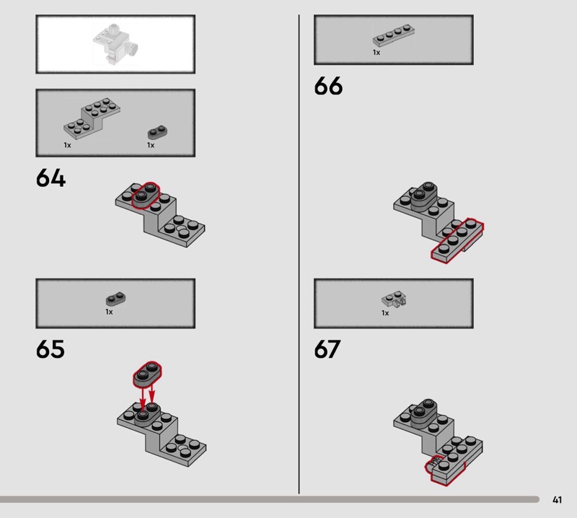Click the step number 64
coord(50,178)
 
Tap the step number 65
coord(50,349)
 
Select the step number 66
coord(328,86)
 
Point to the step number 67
coord(327,349)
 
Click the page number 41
coord(557,499)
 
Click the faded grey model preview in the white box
coord(115,44)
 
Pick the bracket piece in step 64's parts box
coord(92,118)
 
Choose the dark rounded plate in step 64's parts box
coord(157,132)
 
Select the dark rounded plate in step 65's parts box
coord(115,299)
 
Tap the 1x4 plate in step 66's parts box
coord(393,35)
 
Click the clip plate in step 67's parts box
coord(394,299)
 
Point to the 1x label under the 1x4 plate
coord(376,53)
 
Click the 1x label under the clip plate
coord(385,313)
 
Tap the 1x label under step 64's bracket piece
coord(67,145)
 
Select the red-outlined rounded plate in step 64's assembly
coord(146,196)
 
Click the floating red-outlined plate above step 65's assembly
coord(147,374)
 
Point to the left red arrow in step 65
coord(143,398)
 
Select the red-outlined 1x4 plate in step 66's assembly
coord(457,240)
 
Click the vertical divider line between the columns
coord(299,254)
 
